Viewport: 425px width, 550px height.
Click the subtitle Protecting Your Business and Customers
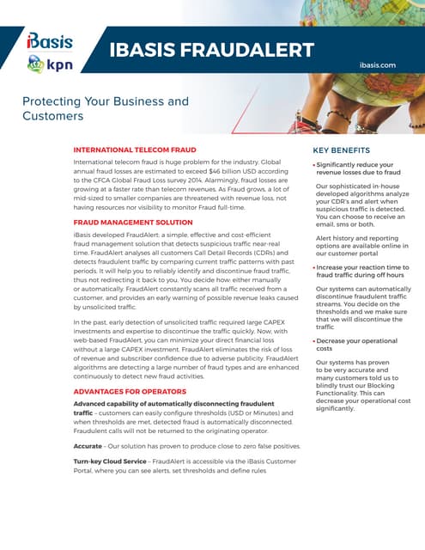[105, 108]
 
